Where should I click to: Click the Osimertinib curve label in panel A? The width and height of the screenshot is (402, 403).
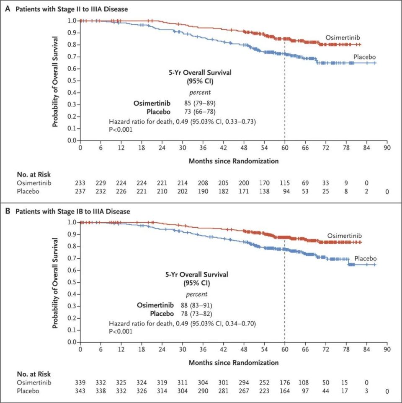[x=339, y=38]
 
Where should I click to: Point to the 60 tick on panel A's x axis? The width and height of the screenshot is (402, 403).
[x=285, y=149]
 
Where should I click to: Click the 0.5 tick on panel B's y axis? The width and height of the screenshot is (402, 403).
[x=72, y=282]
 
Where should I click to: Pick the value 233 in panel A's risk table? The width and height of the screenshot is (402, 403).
[x=80, y=183]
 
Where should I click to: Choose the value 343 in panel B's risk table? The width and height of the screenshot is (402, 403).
[x=80, y=391]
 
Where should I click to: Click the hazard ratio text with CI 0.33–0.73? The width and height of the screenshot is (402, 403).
[x=182, y=122]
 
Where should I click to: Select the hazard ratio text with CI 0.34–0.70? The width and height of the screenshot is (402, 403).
[x=182, y=323]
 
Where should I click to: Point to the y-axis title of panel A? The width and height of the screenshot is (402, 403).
[x=55, y=81]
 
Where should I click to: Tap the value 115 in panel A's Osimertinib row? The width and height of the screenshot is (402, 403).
[x=285, y=183]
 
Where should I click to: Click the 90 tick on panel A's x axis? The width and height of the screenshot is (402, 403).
[x=387, y=149]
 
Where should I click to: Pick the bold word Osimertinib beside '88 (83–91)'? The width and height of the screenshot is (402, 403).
[x=155, y=304]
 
